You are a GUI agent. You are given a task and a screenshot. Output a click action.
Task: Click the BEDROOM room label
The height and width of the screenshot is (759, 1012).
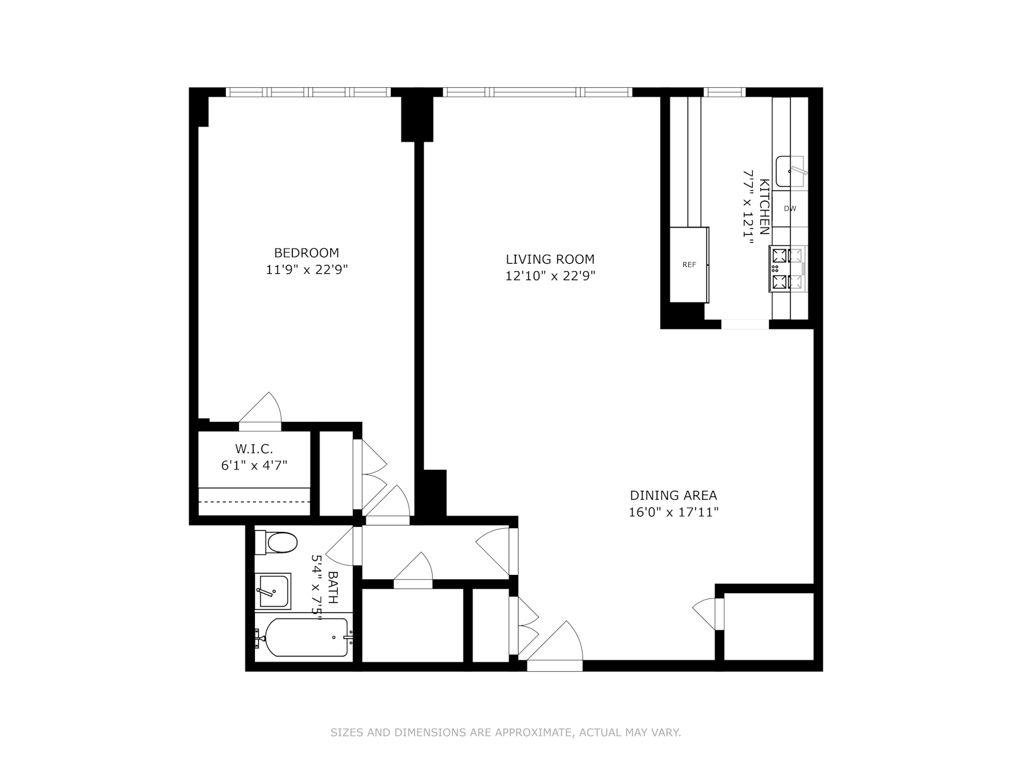[306, 252]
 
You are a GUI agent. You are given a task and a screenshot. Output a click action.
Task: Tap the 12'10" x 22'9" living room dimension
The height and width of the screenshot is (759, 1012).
[550, 276]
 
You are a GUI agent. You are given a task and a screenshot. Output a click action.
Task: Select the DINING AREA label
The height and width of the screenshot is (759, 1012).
[673, 495]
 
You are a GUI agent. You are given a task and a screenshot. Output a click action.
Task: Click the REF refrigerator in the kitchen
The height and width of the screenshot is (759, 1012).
[689, 264]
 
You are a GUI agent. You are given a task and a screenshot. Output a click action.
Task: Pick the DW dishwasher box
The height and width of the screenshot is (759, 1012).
[789, 208]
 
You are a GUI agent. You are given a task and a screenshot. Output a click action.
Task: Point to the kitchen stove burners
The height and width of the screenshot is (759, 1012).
[786, 269]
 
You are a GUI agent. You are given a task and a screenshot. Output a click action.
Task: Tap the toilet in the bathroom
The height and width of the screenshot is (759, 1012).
[276, 543]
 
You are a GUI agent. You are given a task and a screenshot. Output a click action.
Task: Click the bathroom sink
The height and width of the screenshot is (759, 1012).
[274, 590]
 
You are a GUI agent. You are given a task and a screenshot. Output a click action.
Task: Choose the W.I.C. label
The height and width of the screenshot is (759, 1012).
[254, 449]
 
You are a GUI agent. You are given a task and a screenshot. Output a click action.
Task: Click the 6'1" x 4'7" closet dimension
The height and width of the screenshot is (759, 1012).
[254, 466]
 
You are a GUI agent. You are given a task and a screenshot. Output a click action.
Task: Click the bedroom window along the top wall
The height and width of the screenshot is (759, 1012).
[309, 92]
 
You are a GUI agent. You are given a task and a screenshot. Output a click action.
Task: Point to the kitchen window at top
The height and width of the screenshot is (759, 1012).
[725, 92]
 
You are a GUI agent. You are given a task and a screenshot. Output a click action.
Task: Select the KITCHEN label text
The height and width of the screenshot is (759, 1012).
[764, 207]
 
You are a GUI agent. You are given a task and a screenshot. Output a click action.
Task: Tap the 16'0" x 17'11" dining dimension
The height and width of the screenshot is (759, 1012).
[673, 512]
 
